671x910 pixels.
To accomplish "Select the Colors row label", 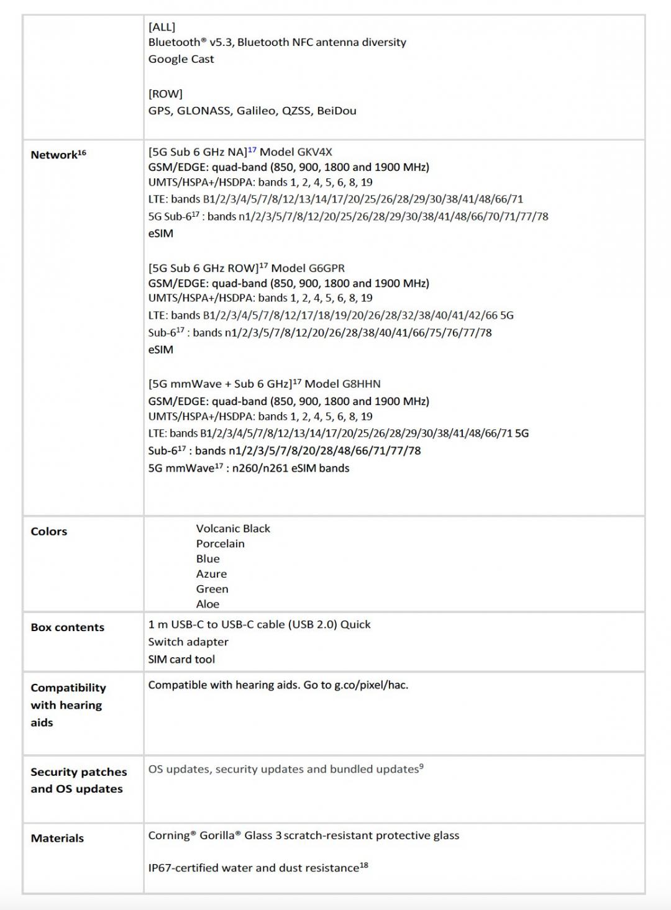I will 49,531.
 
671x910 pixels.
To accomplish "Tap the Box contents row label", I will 68,627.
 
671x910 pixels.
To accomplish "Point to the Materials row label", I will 57,838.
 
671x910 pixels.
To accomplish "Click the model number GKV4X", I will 314,152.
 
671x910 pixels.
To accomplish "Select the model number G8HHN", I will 361,384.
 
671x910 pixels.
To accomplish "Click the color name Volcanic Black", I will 233,529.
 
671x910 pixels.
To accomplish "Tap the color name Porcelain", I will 221,544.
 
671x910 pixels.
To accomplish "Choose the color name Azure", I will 211,574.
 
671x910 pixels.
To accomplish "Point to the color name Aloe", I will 208,604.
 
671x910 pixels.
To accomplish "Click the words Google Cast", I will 181,59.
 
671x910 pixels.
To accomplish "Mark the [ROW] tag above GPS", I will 165,94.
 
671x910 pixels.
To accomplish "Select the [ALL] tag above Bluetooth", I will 162,27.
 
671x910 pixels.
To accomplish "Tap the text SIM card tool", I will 181,659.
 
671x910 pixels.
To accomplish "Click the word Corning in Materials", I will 168,835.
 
